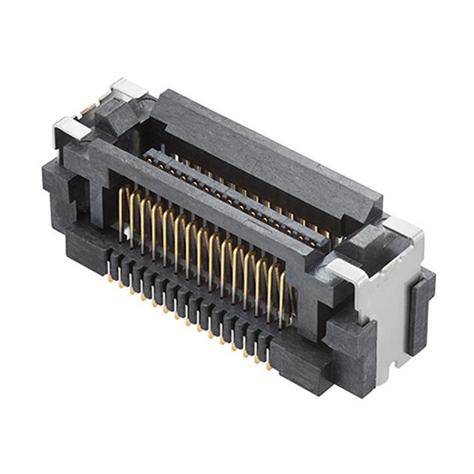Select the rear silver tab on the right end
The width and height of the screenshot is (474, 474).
(x=401, y=228)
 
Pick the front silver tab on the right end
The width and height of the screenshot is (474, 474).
(x=344, y=268)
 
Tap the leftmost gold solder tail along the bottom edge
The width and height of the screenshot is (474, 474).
(x=110, y=279)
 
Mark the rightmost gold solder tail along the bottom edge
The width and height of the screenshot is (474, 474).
(x=268, y=364)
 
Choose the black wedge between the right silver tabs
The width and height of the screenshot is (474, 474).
(x=370, y=248)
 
